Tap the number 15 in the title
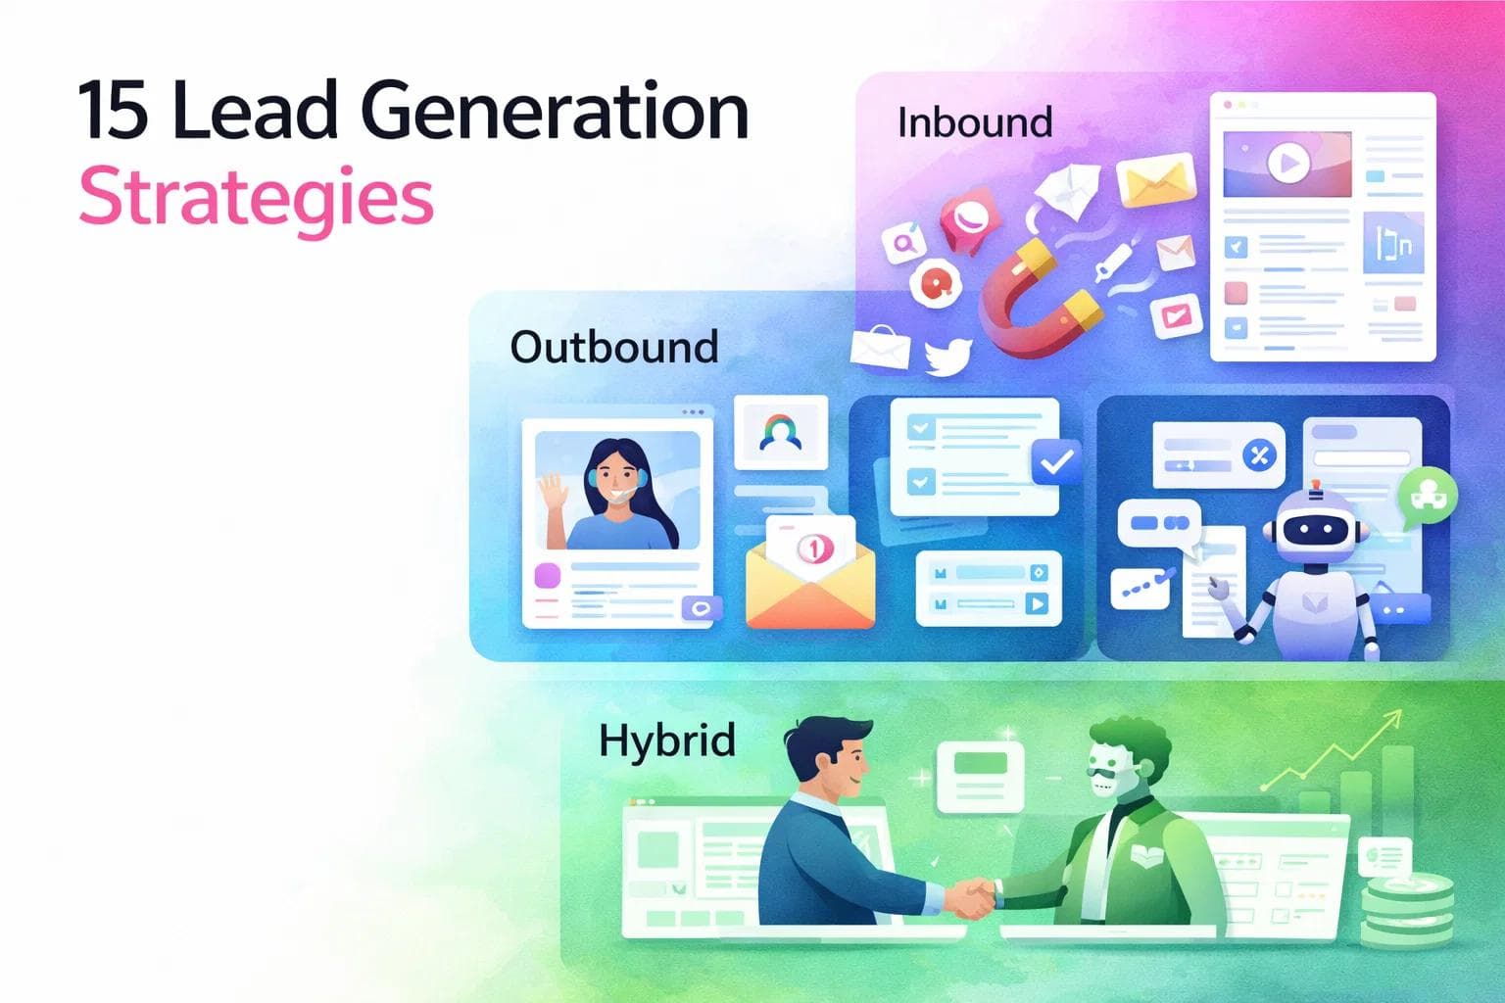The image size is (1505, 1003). coord(114,110)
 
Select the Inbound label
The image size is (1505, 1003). coord(975,122)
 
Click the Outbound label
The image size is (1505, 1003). coord(614,347)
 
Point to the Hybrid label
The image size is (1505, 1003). coord(667,740)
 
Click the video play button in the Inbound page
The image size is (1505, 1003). coord(1288,163)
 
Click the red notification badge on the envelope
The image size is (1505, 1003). coord(813,549)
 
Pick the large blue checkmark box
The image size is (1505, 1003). coord(1056,461)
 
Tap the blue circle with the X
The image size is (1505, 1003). coord(1259,454)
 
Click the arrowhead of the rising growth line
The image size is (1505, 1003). coord(1391,721)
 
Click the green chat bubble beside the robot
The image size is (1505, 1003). coord(1427,496)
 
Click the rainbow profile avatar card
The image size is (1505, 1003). coord(781,432)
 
